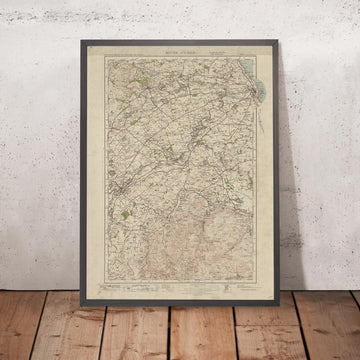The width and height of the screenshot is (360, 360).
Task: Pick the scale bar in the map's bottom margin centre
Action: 180,284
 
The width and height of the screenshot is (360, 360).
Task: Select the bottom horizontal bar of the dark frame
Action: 180,300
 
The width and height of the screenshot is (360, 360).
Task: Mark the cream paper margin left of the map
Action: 101,170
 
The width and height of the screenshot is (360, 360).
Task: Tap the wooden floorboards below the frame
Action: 180,335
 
